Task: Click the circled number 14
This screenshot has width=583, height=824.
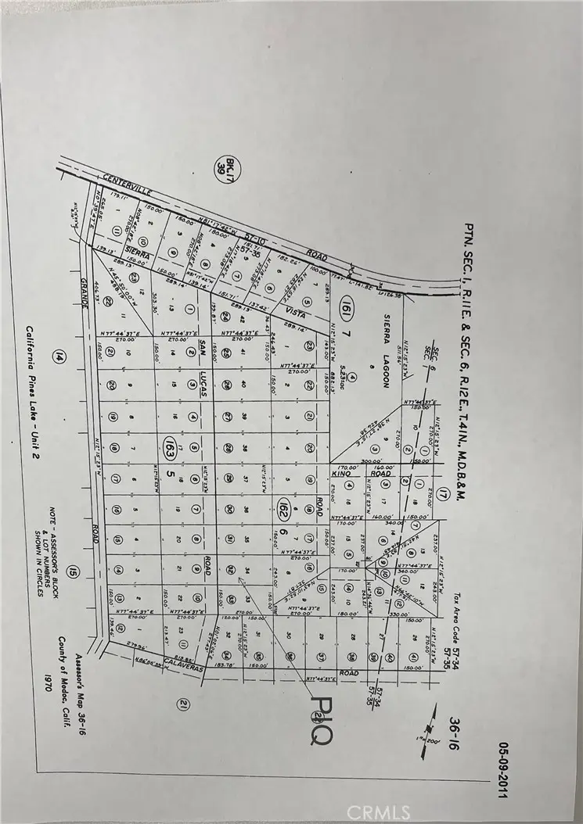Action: [56, 358]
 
